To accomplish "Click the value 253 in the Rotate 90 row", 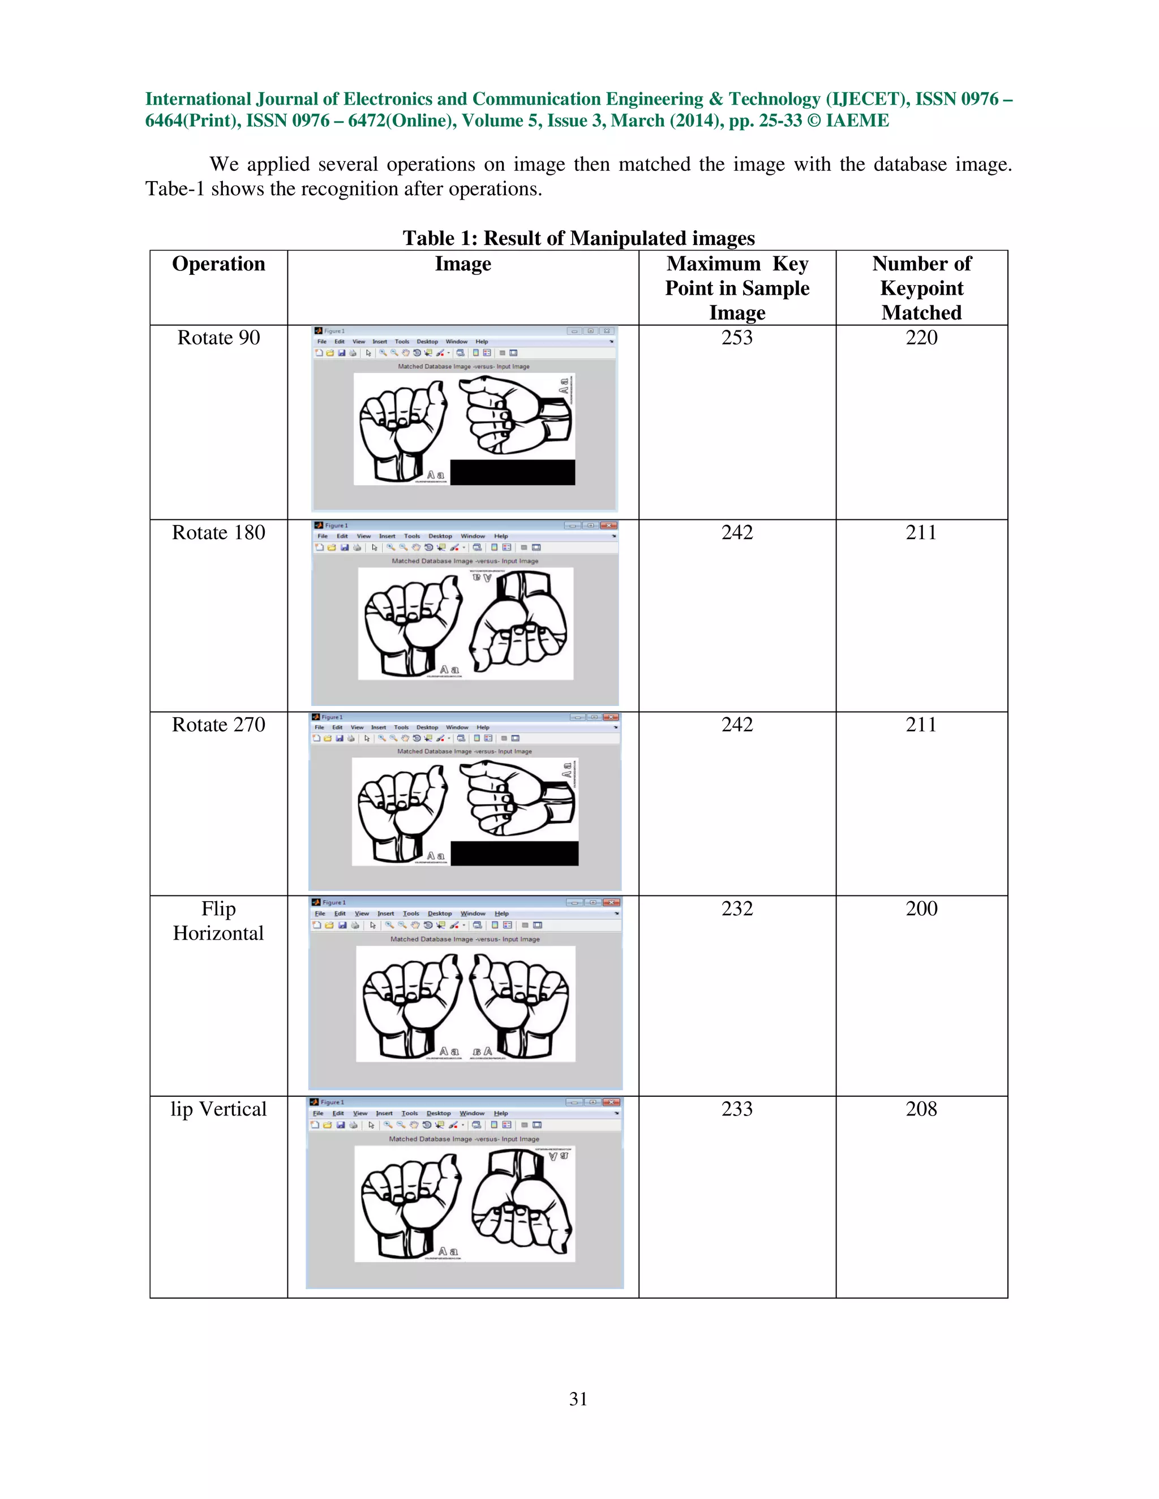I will click(737, 338).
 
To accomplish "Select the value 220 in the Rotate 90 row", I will click(921, 338).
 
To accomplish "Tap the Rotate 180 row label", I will click(218, 533).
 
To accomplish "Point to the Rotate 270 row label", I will click(218, 725).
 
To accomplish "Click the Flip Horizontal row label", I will click(218, 920).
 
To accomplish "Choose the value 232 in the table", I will click(737, 909).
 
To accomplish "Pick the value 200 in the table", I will click(921, 909).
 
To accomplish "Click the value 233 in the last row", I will click(737, 1109).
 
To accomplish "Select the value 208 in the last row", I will click(921, 1109).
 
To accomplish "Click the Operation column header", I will click(218, 264).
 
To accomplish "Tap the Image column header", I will click(463, 264).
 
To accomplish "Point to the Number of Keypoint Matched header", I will click(921, 288).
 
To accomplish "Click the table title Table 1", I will click(578, 238).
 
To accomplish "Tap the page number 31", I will click(578, 1399).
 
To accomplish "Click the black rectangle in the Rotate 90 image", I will click(512, 472).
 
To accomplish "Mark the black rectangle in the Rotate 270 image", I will click(514, 853).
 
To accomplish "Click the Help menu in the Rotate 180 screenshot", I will click(500, 536).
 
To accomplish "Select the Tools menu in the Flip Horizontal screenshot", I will click(411, 914).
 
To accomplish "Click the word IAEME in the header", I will click(857, 121).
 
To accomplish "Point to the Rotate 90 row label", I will click(218, 338).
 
